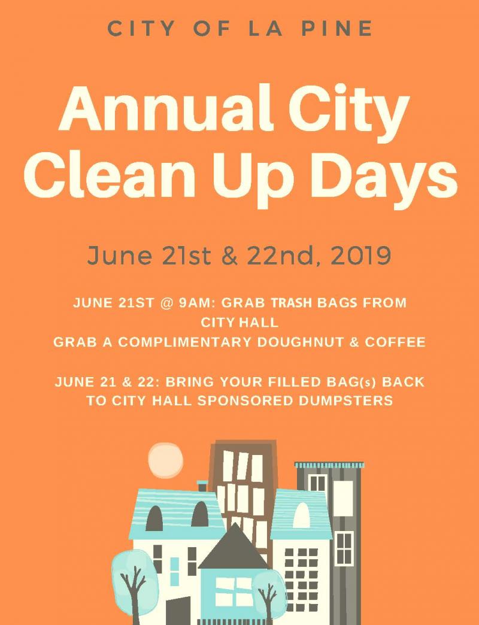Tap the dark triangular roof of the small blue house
234,547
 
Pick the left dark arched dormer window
154,518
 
